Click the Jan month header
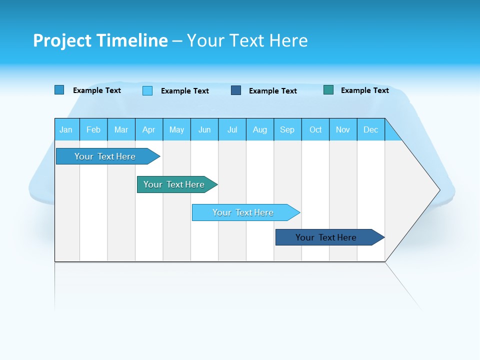tap(66, 130)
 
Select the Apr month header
tap(149, 130)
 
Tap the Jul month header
tap(232, 130)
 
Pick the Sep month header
tap(287, 130)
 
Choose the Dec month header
tap(370, 130)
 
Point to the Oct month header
tap(315, 130)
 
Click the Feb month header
tap(93, 130)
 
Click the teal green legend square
tap(328, 90)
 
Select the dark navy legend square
tap(236, 90)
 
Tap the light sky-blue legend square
tap(147, 90)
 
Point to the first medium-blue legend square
tap(59, 90)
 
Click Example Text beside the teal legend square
tap(364, 90)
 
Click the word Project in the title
tap(62, 40)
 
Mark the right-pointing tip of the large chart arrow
tap(438, 190)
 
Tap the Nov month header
tap(343, 130)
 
